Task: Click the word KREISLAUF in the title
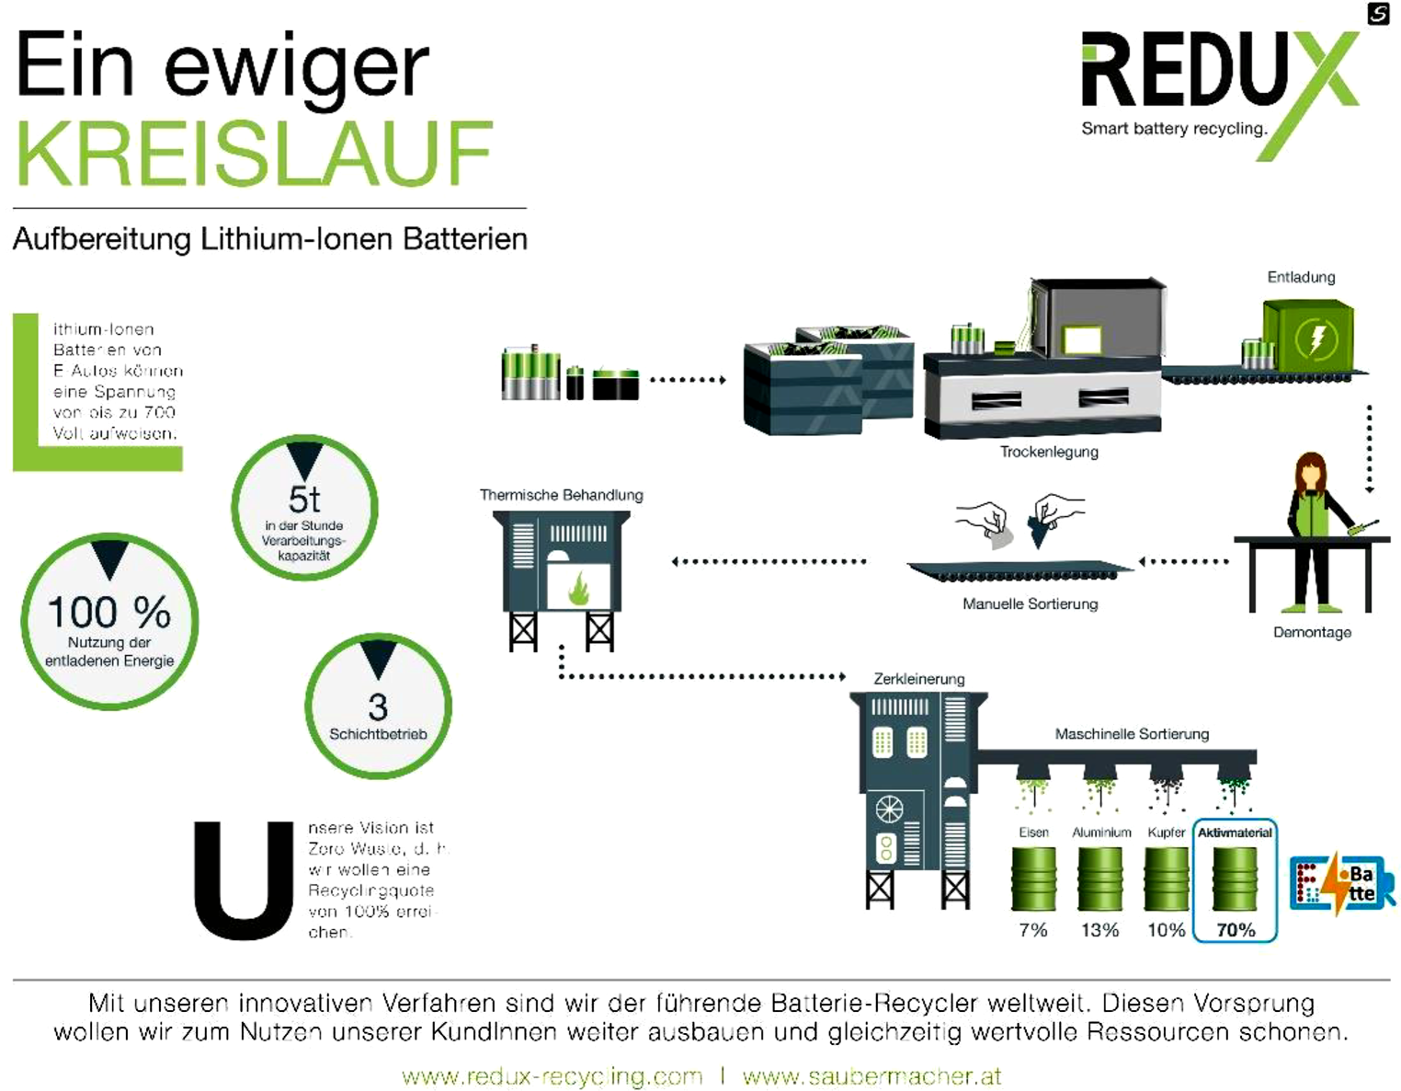255,154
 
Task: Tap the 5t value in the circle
304,500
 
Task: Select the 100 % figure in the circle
108,612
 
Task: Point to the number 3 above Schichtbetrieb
378,706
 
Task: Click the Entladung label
1301,277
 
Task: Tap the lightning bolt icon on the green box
1316,339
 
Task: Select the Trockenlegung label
1049,452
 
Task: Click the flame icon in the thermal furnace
578,589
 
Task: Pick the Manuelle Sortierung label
1030,603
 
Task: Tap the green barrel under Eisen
1033,879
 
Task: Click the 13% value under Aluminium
1099,930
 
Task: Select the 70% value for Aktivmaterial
1236,930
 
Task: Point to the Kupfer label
1166,833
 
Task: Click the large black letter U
244,879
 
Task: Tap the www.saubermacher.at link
871,1075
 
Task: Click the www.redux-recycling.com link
552,1075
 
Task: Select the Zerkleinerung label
918,679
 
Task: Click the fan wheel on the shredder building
889,810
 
